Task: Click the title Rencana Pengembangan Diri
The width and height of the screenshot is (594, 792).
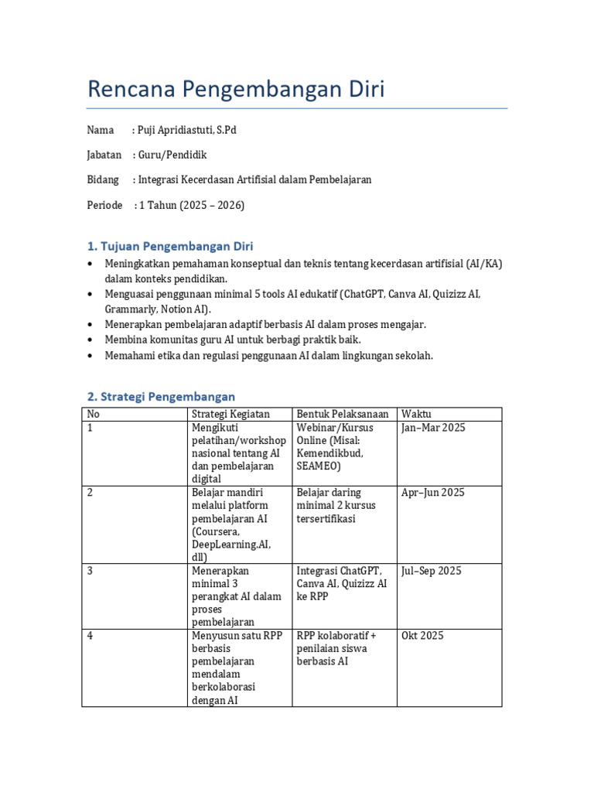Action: click(x=236, y=90)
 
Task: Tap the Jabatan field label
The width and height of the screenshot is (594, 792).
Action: click(x=104, y=155)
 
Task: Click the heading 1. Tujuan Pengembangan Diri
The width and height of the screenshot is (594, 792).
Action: click(x=170, y=247)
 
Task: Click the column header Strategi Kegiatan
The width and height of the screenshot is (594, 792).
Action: click(x=230, y=414)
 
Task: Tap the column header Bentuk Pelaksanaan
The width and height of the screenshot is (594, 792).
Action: click(x=342, y=414)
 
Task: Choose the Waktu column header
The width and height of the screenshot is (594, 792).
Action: click(x=416, y=414)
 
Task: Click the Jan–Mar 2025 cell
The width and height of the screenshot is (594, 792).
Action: click(x=433, y=428)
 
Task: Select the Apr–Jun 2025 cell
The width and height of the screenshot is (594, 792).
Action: click(x=433, y=493)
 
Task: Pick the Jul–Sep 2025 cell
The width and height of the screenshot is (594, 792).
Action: click(x=432, y=571)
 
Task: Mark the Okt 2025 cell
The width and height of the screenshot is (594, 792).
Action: click(x=422, y=636)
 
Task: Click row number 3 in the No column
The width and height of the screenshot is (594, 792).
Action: click(x=90, y=571)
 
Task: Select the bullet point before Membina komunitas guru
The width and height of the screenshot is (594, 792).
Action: click(x=90, y=340)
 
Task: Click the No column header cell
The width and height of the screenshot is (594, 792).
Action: click(x=94, y=414)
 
